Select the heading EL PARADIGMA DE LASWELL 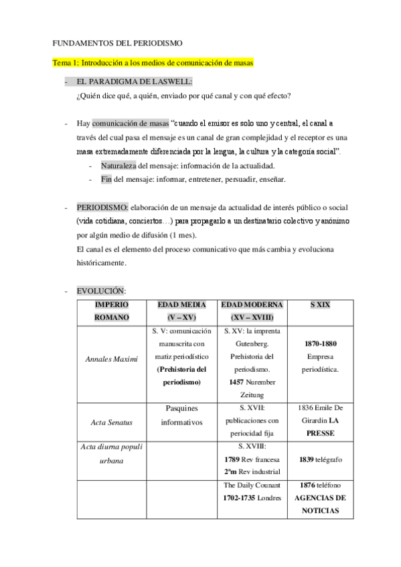click(135, 82)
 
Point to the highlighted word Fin click(106, 179)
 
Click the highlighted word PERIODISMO click(102, 208)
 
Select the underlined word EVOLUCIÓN click(101, 291)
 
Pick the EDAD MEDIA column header click(181, 311)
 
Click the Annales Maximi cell click(111, 359)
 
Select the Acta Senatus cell click(111, 423)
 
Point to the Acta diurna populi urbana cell click(111, 454)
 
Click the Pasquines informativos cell click(181, 416)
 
